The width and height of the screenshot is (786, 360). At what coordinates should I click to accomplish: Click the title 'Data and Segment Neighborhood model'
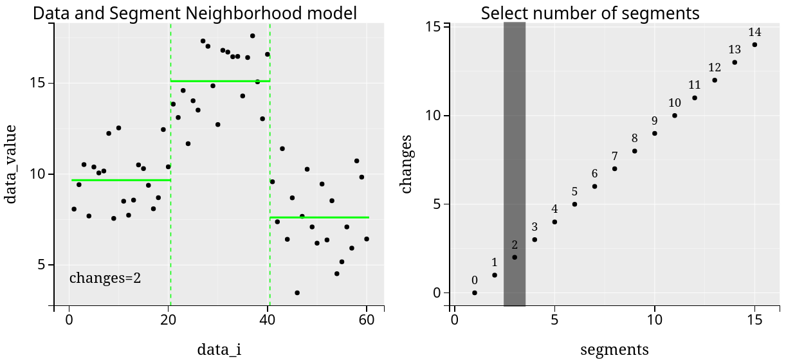point(194,12)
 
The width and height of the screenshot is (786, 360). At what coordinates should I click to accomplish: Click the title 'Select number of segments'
point(590,12)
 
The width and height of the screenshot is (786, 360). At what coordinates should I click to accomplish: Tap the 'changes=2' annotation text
point(105,278)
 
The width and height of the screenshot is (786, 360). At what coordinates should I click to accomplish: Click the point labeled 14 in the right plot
point(754,45)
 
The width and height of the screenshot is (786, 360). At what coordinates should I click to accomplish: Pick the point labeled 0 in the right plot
point(475,292)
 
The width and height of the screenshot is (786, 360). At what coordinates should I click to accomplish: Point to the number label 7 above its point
point(614,156)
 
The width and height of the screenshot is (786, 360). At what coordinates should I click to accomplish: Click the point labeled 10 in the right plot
point(675,116)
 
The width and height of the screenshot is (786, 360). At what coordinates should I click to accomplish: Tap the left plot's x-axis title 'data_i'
point(219,349)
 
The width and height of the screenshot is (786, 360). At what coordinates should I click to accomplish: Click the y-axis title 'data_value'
point(11,164)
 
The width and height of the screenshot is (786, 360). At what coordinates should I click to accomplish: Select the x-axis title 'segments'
point(614,349)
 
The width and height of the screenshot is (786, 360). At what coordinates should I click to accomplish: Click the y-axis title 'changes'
point(407,164)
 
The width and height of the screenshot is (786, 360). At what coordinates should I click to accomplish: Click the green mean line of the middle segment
point(220,81)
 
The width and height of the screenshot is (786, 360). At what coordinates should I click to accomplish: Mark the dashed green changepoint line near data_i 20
point(170,193)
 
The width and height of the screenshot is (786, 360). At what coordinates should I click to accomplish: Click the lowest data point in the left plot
point(297,292)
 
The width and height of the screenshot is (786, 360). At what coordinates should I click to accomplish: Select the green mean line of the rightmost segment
point(320,217)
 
